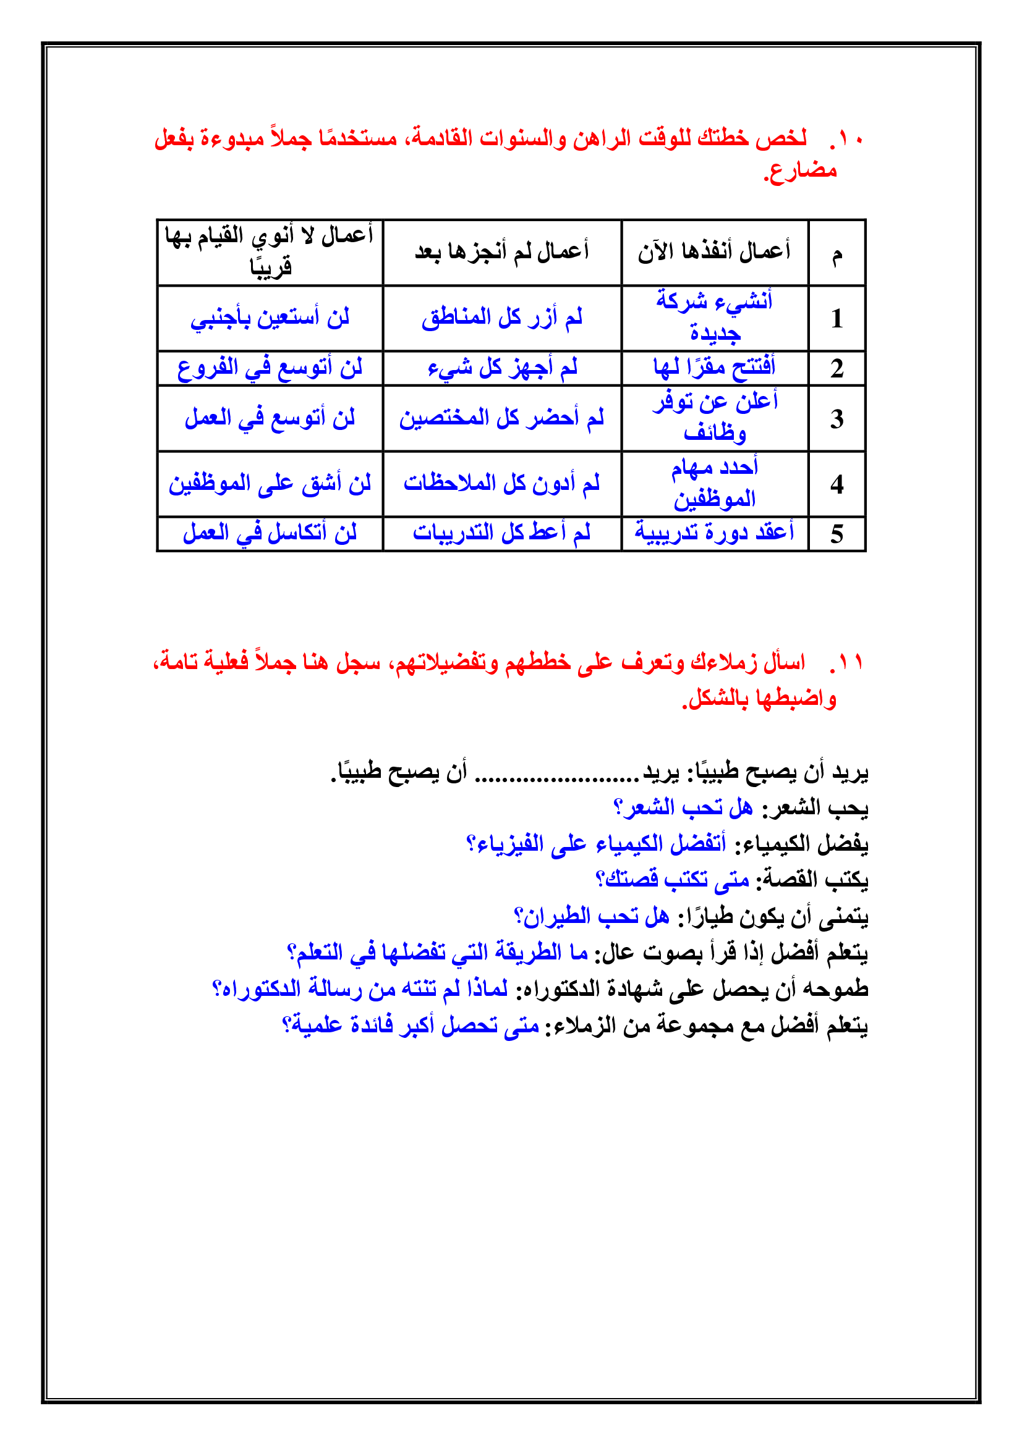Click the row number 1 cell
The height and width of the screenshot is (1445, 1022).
pos(837,318)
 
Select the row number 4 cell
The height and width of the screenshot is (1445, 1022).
pos(837,484)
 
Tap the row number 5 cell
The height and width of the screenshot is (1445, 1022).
pos(837,534)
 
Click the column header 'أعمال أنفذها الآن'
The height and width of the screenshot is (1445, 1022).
pos(714,251)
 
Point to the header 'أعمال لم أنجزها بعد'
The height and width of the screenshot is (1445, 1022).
pos(502,251)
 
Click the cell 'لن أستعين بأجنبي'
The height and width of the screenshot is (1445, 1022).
pos(270,318)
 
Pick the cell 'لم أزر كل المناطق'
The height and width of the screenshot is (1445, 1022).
pos(502,318)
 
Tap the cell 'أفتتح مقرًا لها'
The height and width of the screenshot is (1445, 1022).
pos(714,368)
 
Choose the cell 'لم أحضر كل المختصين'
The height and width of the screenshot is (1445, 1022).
pos(502,418)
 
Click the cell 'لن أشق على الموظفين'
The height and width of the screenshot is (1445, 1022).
pos(270,484)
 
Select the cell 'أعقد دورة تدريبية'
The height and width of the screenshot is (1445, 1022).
pos(714,533)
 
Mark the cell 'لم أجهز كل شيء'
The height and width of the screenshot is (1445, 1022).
pos(502,368)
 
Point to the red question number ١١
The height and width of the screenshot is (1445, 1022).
pos(847,663)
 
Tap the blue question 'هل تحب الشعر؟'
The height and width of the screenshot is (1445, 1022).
pos(683,807)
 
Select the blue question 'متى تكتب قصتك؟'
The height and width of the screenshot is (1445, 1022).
pos(672,880)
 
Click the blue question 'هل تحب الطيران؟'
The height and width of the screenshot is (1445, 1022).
pos(591,916)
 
